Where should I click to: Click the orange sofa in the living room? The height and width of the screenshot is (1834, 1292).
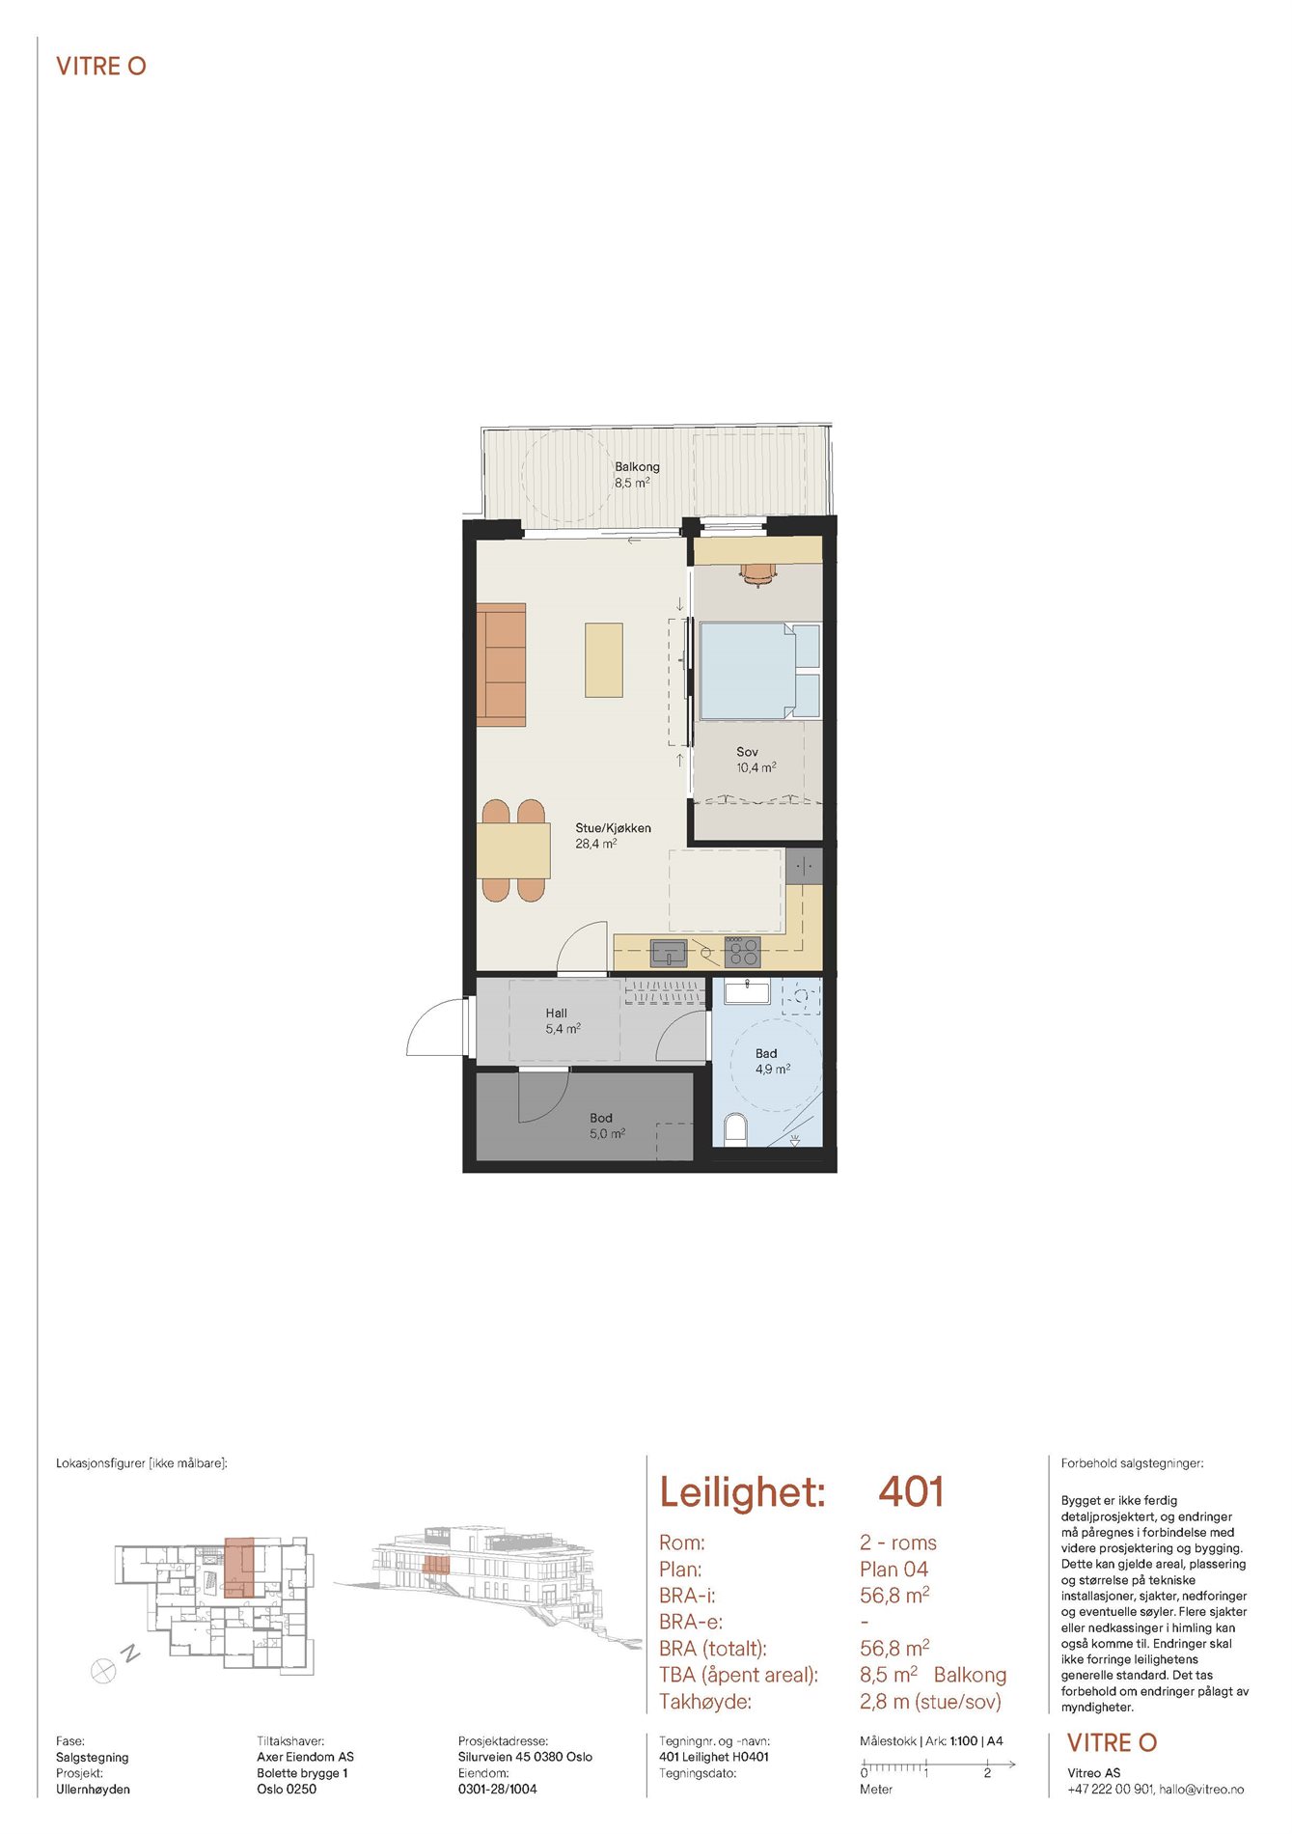[x=501, y=665]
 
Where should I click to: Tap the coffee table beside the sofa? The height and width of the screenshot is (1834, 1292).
[x=604, y=660]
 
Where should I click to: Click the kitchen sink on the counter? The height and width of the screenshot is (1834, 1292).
[x=669, y=954]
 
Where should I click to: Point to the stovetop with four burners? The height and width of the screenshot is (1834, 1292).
[x=742, y=952]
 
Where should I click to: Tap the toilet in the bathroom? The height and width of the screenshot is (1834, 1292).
[x=735, y=1129]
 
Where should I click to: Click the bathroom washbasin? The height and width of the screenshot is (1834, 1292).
[x=746, y=991]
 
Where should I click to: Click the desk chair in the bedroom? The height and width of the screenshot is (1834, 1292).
[x=757, y=575]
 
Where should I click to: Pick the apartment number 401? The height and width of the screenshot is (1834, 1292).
[x=911, y=1492]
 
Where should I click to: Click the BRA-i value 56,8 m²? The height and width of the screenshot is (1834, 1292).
[x=894, y=1596]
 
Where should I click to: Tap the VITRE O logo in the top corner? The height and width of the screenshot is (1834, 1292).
[x=101, y=67]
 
